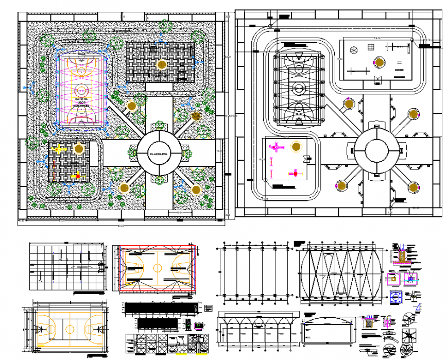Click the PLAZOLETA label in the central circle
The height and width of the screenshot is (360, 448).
(x=159, y=153)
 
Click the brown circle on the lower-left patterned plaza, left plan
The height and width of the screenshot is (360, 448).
(x=78, y=149)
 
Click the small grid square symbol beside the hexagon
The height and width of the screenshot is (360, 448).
(x=370, y=47)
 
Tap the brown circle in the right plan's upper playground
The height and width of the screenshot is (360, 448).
(x=380, y=63)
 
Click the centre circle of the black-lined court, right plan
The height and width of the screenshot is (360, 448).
(x=299, y=89)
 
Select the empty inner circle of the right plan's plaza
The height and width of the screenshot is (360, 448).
(x=378, y=151)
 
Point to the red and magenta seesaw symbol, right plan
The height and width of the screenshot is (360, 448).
(x=295, y=173)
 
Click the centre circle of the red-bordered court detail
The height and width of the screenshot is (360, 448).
(x=158, y=268)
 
